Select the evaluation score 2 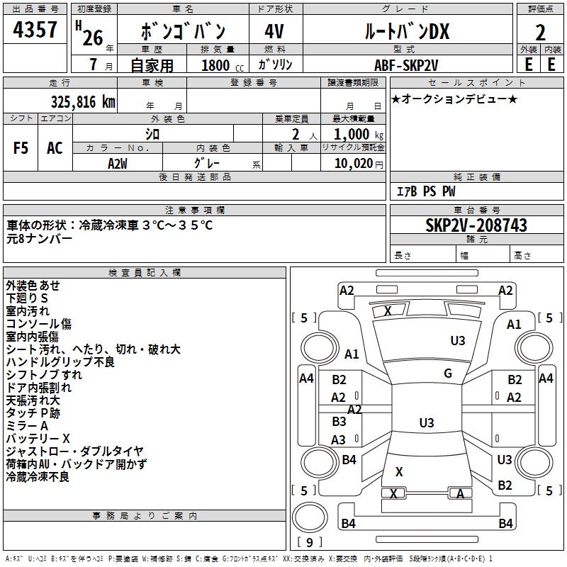(540, 33)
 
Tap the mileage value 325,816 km (83, 101)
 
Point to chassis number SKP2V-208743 (476, 225)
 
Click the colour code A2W (118, 162)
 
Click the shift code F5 (21, 148)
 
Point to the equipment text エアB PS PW (425, 191)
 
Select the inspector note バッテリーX (38, 439)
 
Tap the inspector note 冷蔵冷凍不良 (38, 477)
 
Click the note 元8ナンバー (40, 238)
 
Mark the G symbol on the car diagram (448, 374)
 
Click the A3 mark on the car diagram (339, 440)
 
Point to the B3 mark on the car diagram (339, 422)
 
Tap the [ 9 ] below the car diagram (309, 543)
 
